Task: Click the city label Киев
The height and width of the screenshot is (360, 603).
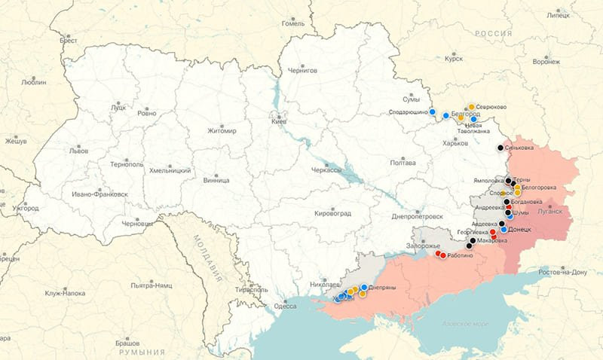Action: (x=279, y=121)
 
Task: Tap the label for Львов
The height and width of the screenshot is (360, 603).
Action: (x=78, y=151)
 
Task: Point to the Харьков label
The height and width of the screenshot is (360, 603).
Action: (x=455, y=143)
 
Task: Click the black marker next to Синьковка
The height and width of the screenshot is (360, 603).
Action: (x=500, y=148)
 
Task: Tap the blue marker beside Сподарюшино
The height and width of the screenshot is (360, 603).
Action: (x=433, y=111)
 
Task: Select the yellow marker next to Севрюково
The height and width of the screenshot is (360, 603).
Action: (x=471, y=107)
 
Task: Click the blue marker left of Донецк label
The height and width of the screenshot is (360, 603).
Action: (x=504, y=229)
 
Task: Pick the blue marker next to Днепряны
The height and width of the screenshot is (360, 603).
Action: (x=364, y=287)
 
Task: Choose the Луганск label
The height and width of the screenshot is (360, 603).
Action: (x=550, y=211)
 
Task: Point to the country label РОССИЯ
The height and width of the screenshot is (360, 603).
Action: (x=494, y=34)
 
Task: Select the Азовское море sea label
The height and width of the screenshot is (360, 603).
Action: (x=464, y=324)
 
